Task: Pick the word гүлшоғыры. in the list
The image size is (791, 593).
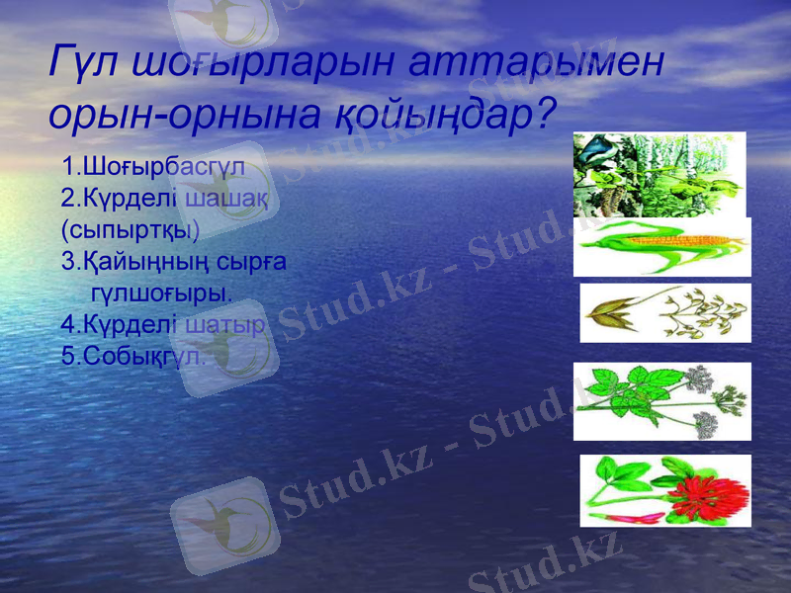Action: click(x=162, y=294)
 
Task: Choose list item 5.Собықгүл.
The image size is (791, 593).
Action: click(x=133, y=356)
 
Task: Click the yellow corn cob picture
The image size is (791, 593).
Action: click(x=661, y=246)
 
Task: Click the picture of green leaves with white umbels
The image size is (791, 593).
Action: click(x=661, y=401)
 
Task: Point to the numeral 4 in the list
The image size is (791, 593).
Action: click(x=66, y=324)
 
